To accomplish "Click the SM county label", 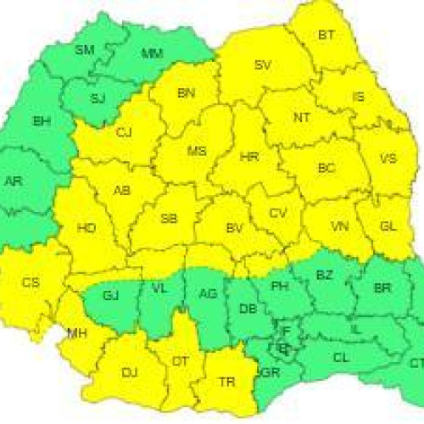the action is coord(84,50).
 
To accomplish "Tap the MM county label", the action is coord(152,54).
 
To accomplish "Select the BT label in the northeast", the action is coord(326,35).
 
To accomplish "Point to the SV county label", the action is coord(263,64).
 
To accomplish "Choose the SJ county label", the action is coord(98,98).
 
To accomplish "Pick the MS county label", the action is coord(197,151).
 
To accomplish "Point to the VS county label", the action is coord(388,159).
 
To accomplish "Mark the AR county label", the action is coord(14,181).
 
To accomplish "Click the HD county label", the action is coord(86,228).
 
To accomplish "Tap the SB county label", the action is coord(169,219).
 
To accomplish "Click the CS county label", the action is coord(31,282).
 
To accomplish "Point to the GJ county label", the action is coord(110,295).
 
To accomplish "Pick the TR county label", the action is coord(226,382).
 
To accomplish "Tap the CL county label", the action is coord(341,358).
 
